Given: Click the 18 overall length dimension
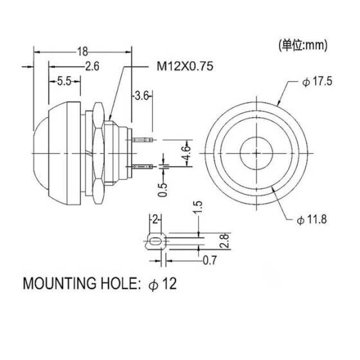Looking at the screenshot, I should [82, 51].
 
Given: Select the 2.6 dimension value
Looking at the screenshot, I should [91, 65].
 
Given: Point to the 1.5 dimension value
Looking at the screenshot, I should [199, 207].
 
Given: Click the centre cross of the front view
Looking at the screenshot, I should [256, 154].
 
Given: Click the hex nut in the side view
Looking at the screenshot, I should [99, 153].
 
